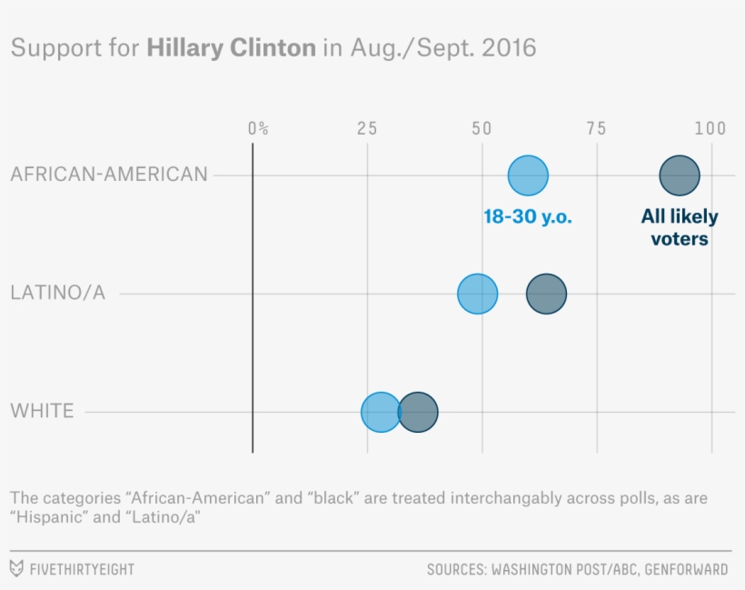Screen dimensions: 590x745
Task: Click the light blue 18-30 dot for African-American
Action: pos(528,175)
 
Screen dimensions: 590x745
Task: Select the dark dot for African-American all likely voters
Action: pos(679,175)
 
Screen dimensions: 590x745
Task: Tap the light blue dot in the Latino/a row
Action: pos(477,294)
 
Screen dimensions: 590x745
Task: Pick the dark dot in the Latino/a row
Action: pos(547,294)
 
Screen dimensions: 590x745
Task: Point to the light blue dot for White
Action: pos(381,412)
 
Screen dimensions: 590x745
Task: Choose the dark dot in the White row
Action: pos(418,412)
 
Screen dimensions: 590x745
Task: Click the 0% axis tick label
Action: pos(258,128)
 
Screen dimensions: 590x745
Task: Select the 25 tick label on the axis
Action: pos(367,128)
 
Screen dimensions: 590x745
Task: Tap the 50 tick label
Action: pos(482,128)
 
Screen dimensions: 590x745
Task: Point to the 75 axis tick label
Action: pos(596,128)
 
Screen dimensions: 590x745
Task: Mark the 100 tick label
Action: pos(710,128)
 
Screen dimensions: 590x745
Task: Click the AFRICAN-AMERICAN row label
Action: pos(109,174)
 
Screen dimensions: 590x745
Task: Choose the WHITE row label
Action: pos(42,411)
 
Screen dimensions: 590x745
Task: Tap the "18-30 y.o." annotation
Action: pos(528,217)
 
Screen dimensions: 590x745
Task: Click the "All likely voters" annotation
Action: pos(679,227)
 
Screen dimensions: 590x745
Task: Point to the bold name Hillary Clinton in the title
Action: pos(232,47)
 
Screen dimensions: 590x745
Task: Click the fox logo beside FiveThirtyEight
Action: pos(16,569)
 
